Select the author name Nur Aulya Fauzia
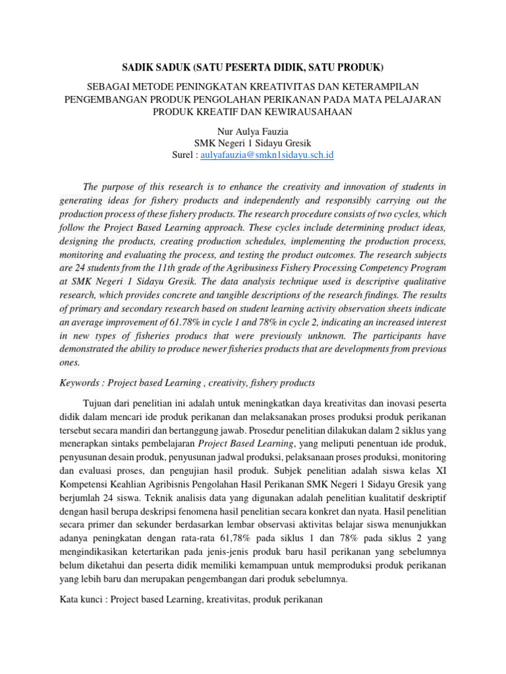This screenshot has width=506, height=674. coord(253,130)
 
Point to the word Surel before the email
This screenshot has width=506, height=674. coord(183,155)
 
